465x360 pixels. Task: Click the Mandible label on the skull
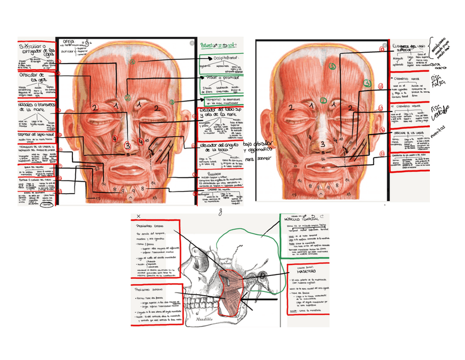pos(206,317)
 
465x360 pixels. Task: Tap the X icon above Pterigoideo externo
pos(139,217)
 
